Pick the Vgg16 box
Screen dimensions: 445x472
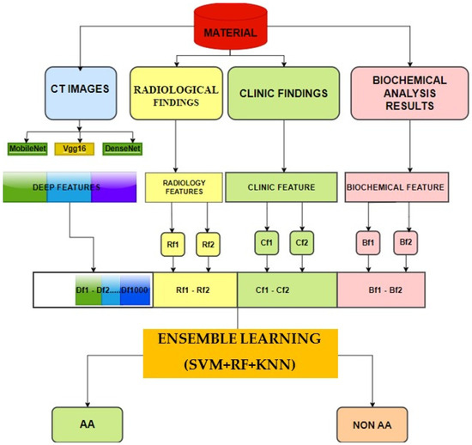coord(70,149)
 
